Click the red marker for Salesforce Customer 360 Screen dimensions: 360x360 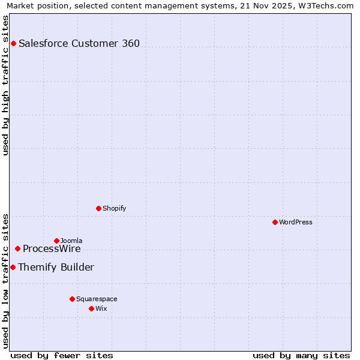(x=13, y=43)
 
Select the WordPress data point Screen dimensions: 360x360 (x=275, y=222)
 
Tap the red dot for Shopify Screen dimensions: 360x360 (x=98, y=208)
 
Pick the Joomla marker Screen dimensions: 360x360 (x=56, y=241)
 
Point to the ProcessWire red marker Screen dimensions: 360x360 (x=17, y=248)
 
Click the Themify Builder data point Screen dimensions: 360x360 (x=13, y=267)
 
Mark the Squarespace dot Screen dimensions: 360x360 (x=72, y=299)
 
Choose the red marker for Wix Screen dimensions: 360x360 (x=91, y=308)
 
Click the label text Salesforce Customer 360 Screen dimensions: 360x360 (x=79, y=43)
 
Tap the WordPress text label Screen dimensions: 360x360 (x=296, y=222)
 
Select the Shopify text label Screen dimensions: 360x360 (x=114, y=208)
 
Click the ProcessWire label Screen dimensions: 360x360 (x=52, y=249)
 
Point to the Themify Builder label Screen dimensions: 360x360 (x=56, y=267)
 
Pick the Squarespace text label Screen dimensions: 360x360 (x=97, y=299)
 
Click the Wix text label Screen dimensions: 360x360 (x=101, y=308)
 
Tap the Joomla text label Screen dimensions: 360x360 (x=71, y=241)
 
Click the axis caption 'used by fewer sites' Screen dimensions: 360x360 (x=62, y=355)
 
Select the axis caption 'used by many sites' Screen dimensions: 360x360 (x=301, y=355)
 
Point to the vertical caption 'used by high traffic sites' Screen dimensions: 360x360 (x=6, y=85)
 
